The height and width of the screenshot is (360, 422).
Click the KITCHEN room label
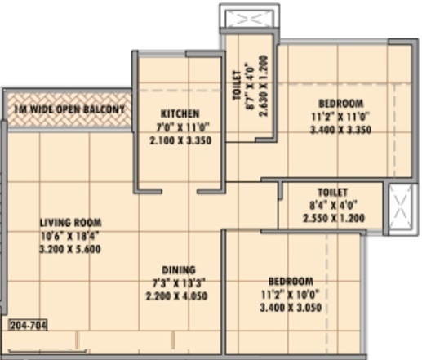(180, 113)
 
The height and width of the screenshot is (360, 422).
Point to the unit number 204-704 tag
(28, 324)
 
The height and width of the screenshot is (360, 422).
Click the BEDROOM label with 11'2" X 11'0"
(340, 103)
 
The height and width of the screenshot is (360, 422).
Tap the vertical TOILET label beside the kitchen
(237, 85)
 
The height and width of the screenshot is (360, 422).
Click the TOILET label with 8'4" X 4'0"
(332, 193)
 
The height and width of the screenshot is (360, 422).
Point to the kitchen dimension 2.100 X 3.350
(180, 140)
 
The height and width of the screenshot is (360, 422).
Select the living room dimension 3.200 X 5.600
(70, 249)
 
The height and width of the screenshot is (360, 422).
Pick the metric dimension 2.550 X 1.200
(332, 219)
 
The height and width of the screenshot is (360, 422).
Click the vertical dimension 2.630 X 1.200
(264, 86)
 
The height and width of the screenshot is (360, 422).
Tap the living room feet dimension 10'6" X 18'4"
(70, 236)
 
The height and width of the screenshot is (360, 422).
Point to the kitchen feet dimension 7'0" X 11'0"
(180, 127)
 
